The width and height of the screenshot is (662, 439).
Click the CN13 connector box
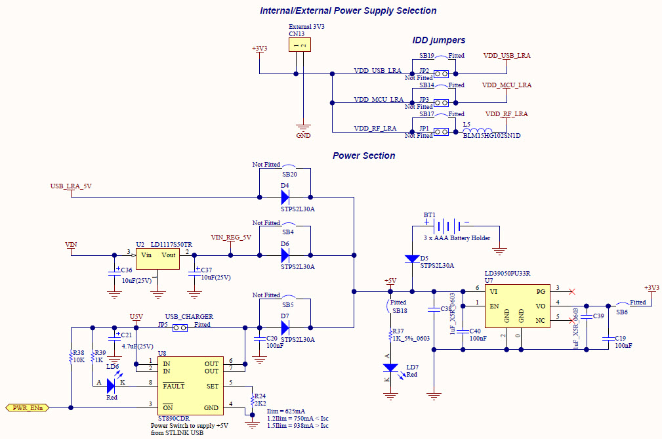pyautogui.click(x=299, y=45)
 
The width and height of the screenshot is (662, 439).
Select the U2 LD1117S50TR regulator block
pyautogui.click(x=157, y=258)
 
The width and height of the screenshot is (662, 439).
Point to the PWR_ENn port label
pyautogui.click(x=28, y=408)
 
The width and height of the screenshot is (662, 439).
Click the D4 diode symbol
pyautogui.click(x=285, y=196)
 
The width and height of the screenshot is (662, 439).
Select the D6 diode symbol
pyautogui.click(x=285, y=255)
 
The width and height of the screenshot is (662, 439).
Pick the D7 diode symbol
pyautogui.click(x=285, y=327)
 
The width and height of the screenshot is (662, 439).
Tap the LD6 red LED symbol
pyautogui.click(x=111, y=386)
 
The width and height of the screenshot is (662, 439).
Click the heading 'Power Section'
pyautogui.click(x=363, y=156)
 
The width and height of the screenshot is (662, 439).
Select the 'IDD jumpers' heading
pyautogui.click(x=438, y=40)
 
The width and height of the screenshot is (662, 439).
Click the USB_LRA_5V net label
pyautogui.click(x=71, y=186)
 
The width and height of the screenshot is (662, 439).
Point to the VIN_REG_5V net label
pyautogui.click(x=230, y=238)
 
